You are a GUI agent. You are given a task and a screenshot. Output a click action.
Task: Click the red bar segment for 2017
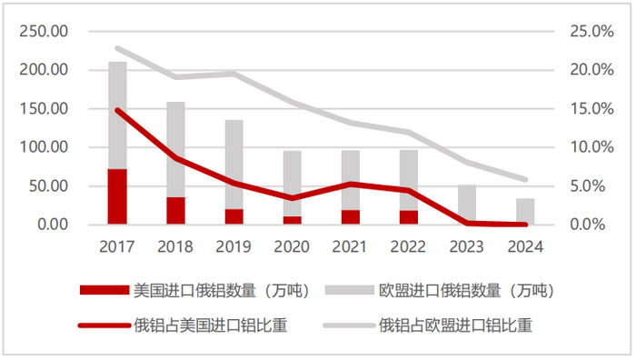click(117, 196)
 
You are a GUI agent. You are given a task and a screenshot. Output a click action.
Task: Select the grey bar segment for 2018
click(175, 149)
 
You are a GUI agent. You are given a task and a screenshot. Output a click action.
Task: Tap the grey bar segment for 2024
click(525, 211)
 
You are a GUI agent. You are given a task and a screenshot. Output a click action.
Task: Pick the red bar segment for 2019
click(234, 216)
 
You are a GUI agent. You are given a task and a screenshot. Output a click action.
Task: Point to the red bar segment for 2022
click(408, 217)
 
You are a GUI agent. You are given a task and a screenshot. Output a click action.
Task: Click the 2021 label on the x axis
click(350, 245)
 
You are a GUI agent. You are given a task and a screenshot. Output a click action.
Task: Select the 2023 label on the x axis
click(467, 245)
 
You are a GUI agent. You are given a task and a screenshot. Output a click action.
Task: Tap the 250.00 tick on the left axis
click(44, 32)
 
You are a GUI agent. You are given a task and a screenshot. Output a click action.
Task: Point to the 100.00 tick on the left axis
click(44, 147)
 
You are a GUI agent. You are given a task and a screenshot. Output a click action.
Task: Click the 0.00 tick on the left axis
click(51, 225)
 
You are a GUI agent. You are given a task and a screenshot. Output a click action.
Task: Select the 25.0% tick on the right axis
click(591, 32)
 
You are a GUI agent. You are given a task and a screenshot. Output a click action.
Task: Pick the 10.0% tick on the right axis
click(591, 147)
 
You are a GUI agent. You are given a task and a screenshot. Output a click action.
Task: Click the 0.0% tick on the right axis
click(595, 225)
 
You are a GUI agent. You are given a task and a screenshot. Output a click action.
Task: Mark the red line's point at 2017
click(117, 110)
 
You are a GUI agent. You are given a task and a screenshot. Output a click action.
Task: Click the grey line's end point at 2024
click(525, 179)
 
